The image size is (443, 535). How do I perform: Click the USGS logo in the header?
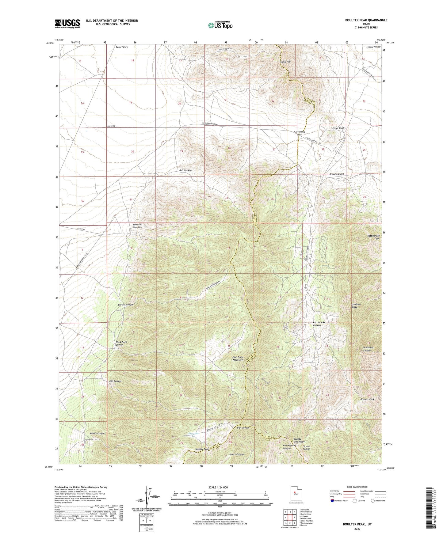[x=67, y=23]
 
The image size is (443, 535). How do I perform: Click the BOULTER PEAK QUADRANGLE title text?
[x=362, y=20]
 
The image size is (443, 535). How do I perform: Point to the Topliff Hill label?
[x=285, y=62]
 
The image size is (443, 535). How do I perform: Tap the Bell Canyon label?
[x=185, y=170]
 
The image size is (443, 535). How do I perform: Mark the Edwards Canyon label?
[x=137, y=226]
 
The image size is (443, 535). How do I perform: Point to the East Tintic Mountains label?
[x=238, y=359]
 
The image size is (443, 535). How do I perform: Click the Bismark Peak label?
[x=367, y=399]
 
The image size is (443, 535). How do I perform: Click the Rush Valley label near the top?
[x=122, y=47]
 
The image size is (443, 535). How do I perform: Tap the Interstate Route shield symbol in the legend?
[x=332, y=501]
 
